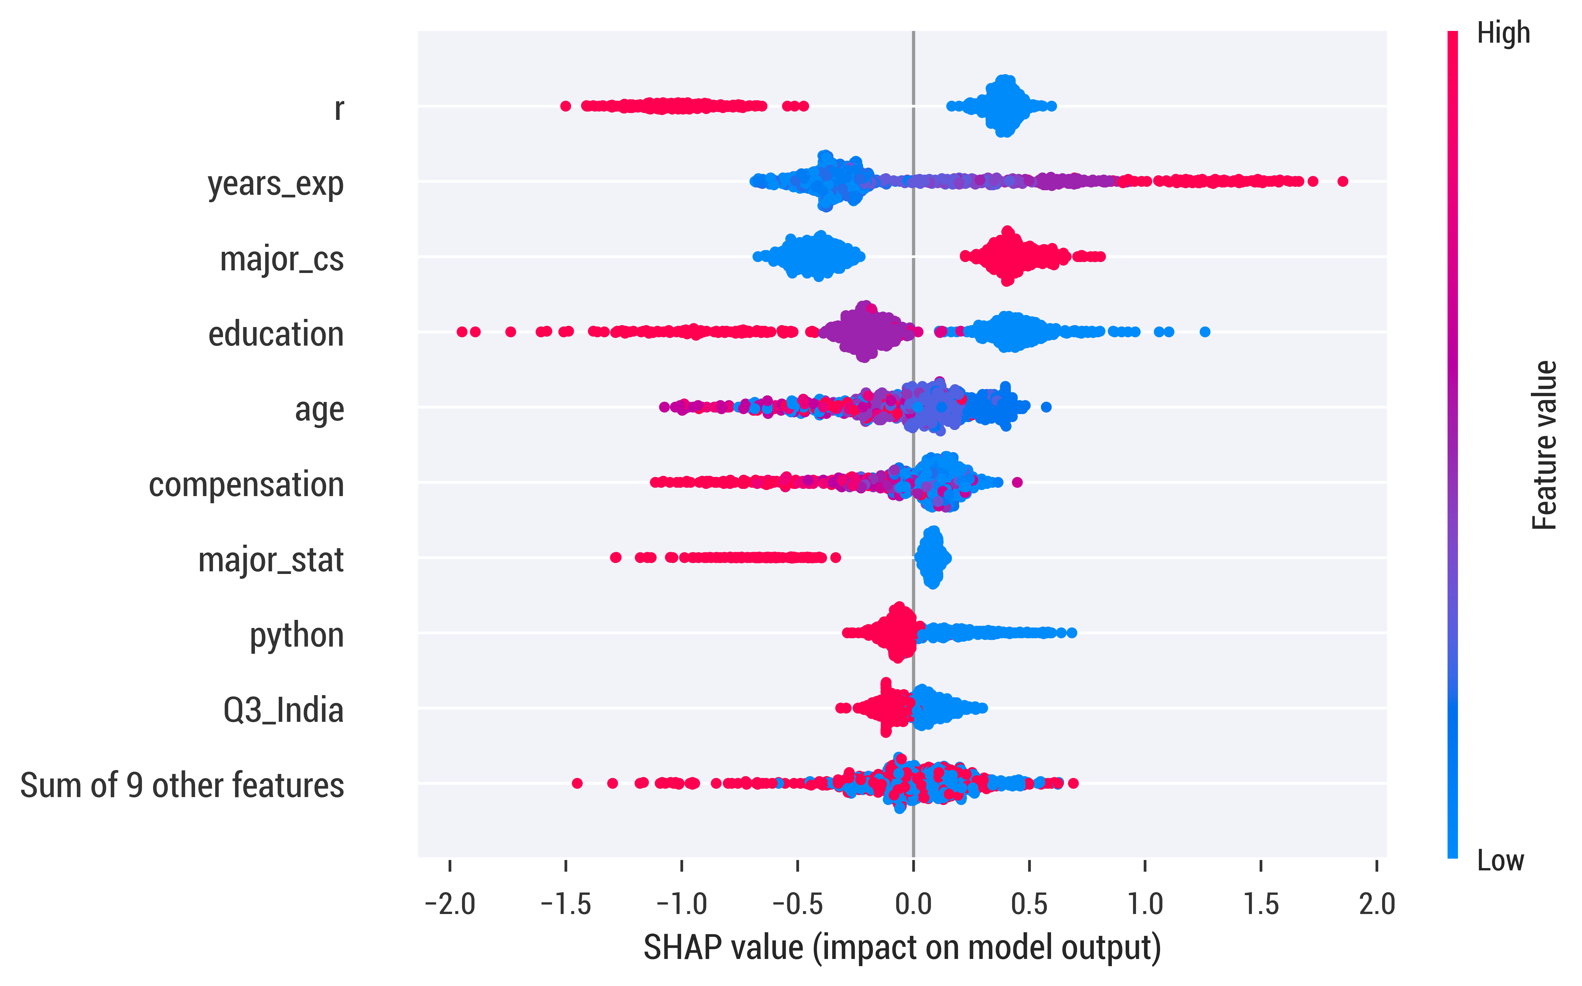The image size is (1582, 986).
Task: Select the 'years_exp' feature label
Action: [276, 185]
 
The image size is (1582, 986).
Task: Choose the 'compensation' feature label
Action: [246, 484]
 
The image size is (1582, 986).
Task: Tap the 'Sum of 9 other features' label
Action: [182, 785]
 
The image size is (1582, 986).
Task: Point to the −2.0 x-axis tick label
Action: [450, 905]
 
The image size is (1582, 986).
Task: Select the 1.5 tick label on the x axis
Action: [1261, 905]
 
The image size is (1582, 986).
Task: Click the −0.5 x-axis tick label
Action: [797, 905]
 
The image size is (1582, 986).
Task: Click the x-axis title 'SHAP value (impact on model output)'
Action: [902, 948]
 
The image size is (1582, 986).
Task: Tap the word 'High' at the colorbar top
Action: [1503, 33]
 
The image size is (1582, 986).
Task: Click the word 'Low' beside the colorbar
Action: [1501, 861]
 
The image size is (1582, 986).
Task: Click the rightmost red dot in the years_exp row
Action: [1342, 181]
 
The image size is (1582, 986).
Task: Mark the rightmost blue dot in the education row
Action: [1205, 332]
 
